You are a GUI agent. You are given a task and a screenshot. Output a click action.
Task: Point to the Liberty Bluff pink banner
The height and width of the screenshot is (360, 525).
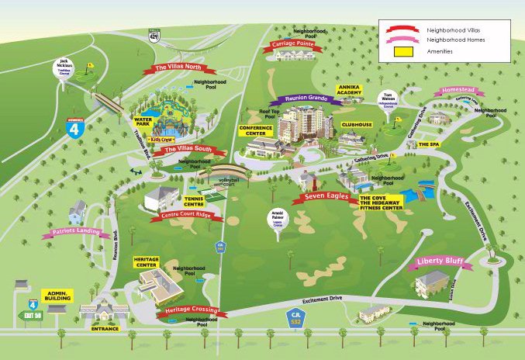pyautogui.click(x=439, y=263)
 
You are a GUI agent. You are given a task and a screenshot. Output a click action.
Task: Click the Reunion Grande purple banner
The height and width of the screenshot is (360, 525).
pyautogui.click(x=306, y=99)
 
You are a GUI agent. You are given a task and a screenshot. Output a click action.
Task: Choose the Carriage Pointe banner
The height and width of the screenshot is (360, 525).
pyautogui.click(x=293, y=45)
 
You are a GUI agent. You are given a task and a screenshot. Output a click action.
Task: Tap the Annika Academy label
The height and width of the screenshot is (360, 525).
pyautogui.click(x=350, y=90)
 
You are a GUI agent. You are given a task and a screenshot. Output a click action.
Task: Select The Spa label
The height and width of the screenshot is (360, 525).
pyautogui.click(x=428, y=144)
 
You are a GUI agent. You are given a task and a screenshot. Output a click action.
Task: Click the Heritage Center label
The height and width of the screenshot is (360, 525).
pyautogui.click(x=147, y=262)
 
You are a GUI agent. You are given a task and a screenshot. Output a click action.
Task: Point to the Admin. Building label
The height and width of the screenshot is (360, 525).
pyautogui.click(x=57, y=296)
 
